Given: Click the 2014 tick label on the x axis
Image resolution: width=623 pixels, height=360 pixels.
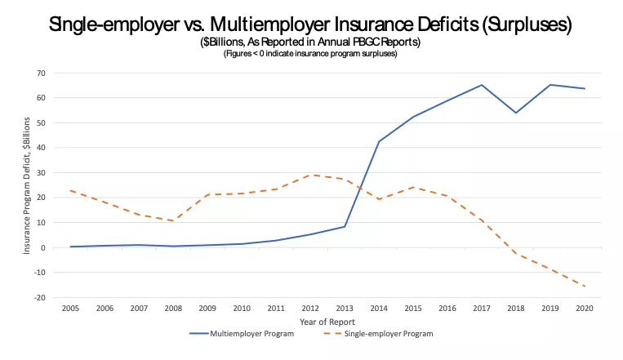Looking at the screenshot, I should (379, 308).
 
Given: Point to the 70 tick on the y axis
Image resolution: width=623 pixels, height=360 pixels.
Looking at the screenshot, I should (39, 73).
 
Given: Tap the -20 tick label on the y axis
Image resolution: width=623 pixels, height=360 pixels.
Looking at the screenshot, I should (38, 298).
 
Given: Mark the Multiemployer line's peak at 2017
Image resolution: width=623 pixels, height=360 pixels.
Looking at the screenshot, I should (482, 85).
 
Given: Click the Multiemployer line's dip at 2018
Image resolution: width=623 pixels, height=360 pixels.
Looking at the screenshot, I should (515, 113).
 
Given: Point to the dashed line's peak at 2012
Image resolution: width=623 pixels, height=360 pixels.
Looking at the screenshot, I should (311, 175).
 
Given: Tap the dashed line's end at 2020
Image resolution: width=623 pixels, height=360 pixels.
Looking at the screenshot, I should (585, 287).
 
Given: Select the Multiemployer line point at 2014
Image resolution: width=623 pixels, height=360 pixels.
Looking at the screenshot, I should (379, 142).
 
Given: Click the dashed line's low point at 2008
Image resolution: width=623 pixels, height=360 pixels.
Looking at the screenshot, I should (174, 221).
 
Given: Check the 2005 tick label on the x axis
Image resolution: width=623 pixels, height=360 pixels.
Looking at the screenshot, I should (70, 308).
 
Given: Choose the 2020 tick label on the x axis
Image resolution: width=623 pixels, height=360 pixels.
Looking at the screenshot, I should (585, 308).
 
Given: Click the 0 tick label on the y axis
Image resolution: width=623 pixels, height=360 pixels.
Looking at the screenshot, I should (42, 248).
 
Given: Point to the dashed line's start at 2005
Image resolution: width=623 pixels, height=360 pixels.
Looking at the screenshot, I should (70, 190).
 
